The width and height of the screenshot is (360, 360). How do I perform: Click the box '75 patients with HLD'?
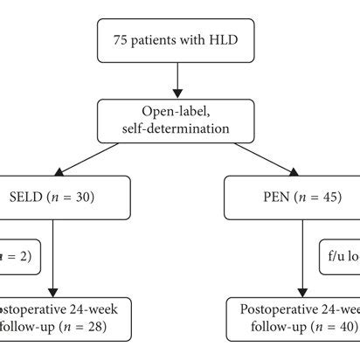[178, 39]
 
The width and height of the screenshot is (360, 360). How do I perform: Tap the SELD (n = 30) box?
[54, 197]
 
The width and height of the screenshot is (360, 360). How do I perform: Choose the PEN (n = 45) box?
[301, 197]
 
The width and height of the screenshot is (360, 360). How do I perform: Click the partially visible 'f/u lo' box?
[341, 259]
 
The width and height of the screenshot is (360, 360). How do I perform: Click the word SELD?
[28, 198]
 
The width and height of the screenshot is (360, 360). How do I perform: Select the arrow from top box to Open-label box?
[178, 79]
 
